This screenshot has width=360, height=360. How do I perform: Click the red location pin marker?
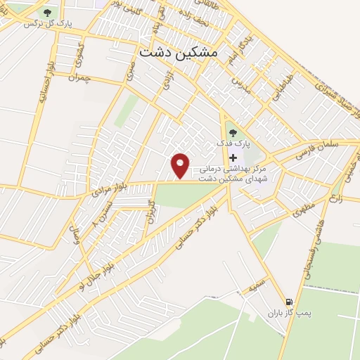181,165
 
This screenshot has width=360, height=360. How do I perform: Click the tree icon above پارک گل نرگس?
47,13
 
